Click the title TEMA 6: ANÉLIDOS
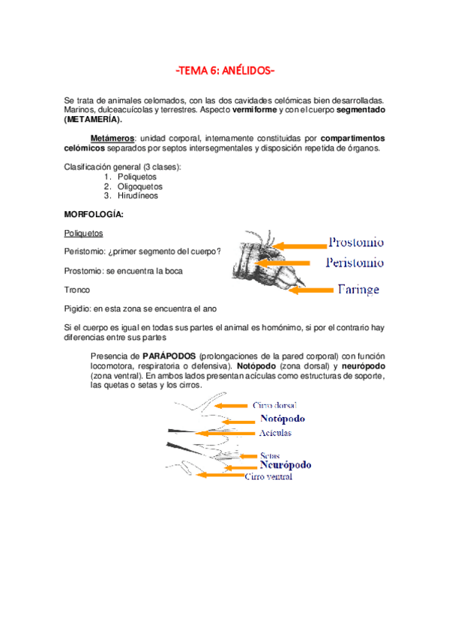(x=224, y=71)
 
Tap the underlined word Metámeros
(x=112, y=139)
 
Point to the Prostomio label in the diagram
(x=356, y=243)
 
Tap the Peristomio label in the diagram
(x=355, y=263)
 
